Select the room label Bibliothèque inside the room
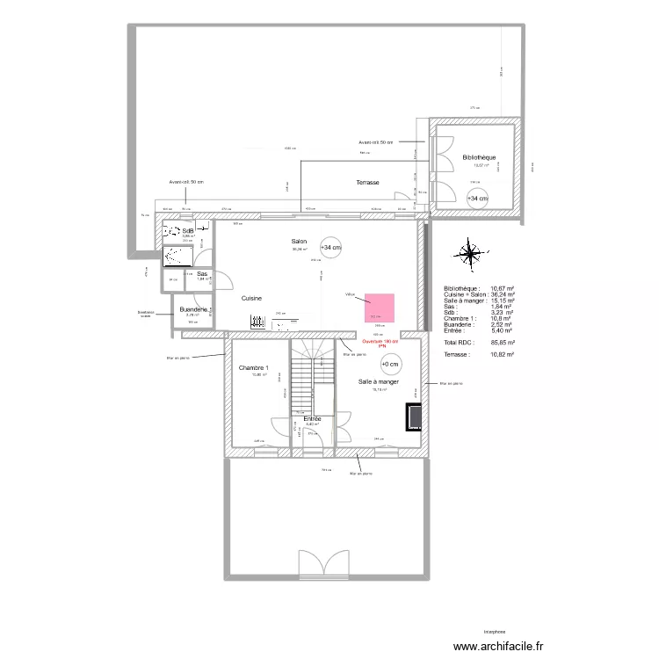479,157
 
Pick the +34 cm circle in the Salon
331,248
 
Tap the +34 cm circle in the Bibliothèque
477,199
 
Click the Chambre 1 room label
255,367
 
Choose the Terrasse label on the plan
367,182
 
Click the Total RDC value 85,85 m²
502,341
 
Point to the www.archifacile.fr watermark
499,646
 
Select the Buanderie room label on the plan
193,309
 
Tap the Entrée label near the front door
312,419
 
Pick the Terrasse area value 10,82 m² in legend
502,354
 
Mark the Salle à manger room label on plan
380,382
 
